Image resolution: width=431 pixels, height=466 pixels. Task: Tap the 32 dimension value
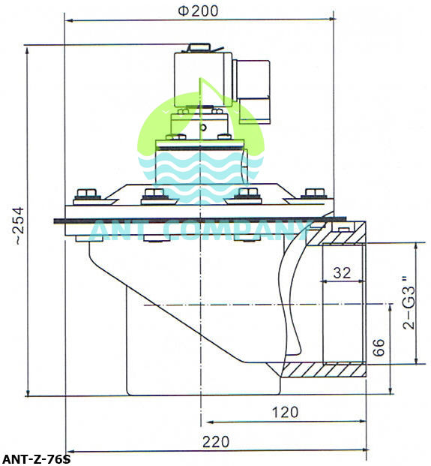tap(342, 273)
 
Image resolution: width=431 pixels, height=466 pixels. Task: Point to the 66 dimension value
tap(379, 347)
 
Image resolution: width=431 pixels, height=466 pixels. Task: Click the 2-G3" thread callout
tap(409, 303)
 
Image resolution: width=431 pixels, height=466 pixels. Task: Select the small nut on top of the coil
tap(199, 50)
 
